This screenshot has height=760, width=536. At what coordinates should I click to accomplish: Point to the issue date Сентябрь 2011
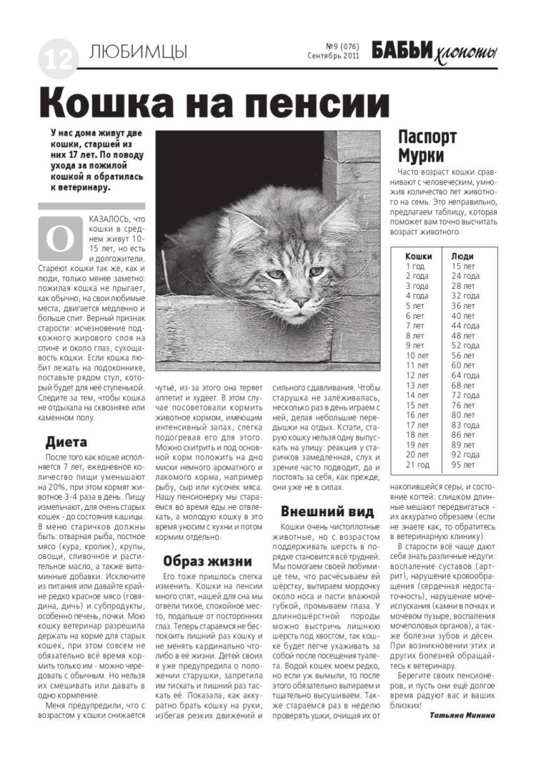333,55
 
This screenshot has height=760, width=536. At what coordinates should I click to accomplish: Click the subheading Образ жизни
207,560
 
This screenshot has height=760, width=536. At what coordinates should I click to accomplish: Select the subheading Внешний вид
327,510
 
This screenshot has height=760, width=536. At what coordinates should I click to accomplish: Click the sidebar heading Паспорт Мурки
427,147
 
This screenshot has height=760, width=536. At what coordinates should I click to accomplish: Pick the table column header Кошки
418,255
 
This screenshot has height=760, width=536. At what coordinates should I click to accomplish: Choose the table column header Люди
462,255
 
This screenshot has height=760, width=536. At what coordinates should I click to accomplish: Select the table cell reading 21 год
417,463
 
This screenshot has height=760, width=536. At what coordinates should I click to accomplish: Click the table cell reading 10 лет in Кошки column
417,355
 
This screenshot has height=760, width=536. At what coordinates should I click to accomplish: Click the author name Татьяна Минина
462,713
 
